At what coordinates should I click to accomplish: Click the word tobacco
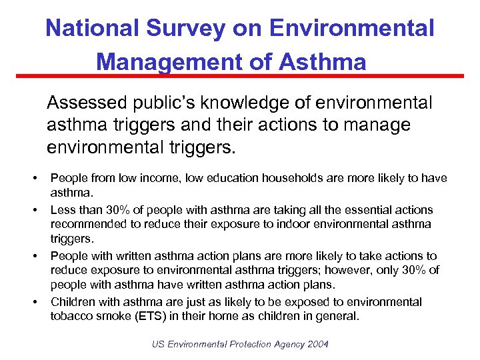click(x=72, y=316)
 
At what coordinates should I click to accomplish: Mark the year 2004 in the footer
click(x=316, y=344)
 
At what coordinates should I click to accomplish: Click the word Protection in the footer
click(x=252, y=344)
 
